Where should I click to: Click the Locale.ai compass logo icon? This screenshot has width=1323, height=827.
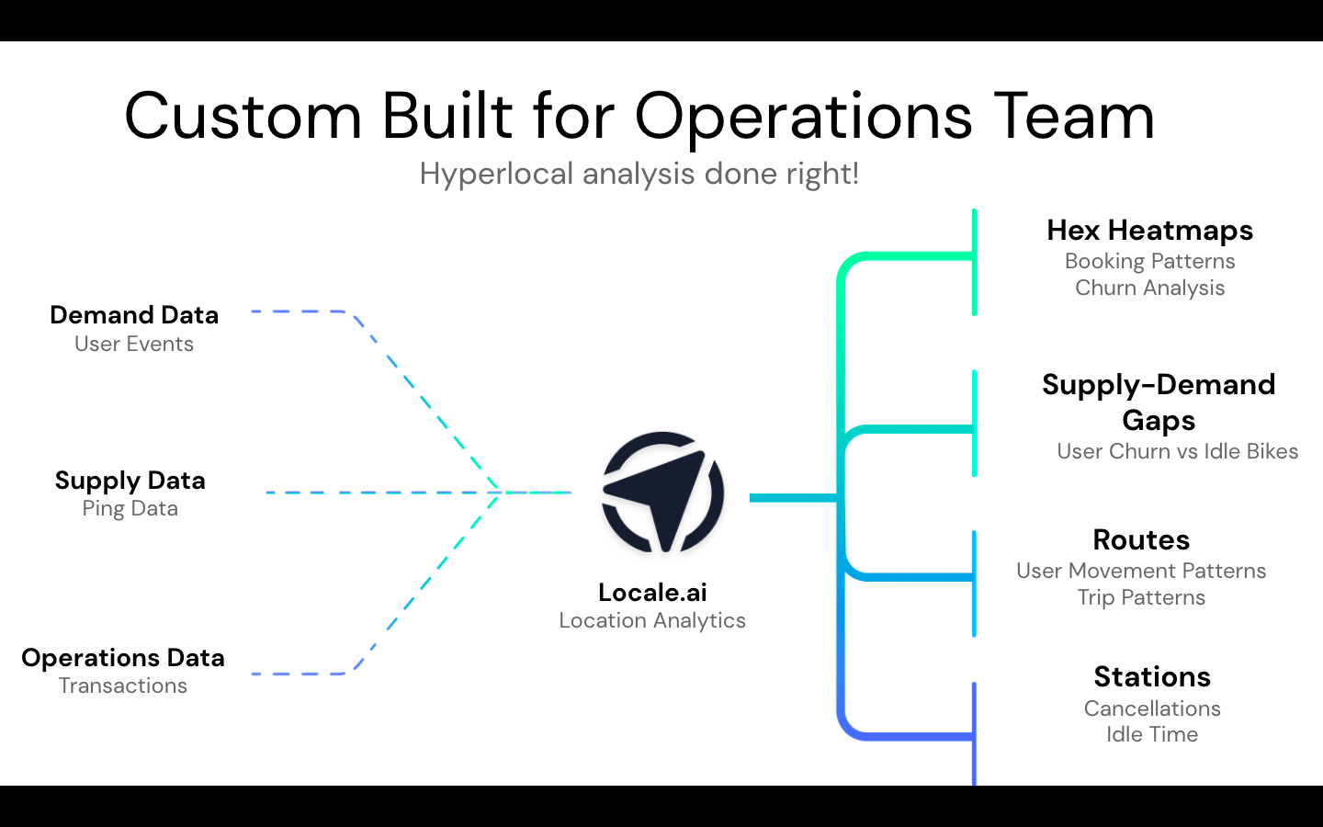pos(662,493)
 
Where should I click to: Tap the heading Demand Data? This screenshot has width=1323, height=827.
pos(134,315)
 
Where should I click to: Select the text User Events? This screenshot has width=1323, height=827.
pos(134,344)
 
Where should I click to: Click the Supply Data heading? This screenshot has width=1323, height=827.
pos(130,481)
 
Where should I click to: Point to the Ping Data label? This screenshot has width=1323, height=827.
pos(130,509)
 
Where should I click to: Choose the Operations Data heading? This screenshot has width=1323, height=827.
pos(123,659)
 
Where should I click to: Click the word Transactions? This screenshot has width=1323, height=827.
pos(123,685)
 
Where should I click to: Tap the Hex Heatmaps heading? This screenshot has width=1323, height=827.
pos(1150,231)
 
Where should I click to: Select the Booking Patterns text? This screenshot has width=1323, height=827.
pos(1150,262)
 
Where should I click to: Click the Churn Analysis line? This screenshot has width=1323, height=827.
pos(1150,289)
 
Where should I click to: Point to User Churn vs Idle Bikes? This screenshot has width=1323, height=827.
pos(1178,451)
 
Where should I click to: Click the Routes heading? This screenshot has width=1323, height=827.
pos(1141,540)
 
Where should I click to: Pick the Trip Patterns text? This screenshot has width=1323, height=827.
pos(1141,598)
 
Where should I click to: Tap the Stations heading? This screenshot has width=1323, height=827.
pos(1152,677)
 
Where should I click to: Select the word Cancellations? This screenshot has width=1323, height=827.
pos(1152,708)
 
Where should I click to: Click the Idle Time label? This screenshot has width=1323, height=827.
pos(1152,734)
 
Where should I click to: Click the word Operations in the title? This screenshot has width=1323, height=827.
pos(803,119)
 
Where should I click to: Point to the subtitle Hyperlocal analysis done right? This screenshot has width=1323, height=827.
pos(639,175)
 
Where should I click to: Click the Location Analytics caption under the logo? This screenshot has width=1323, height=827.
pos(652,621)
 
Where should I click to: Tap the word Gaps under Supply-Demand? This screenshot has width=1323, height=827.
pos(1159,422)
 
